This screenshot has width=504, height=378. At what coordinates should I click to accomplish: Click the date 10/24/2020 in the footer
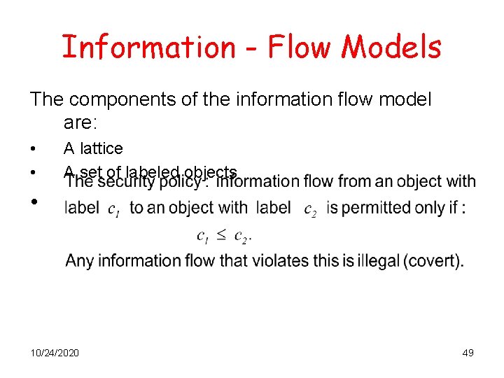[x=55, y=352]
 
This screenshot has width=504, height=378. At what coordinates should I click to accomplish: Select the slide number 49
[x=468, y=352]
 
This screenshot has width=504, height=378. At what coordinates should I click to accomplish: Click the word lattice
[x=101, y=148]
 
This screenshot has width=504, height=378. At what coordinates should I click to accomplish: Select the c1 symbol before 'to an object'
[x=113, y=209]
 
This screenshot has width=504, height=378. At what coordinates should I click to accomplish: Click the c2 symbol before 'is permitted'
[x=310, y=209]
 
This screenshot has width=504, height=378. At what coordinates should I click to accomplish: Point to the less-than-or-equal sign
[x=220, y=235]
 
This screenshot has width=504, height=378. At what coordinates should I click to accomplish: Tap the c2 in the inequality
[x=242, y=236]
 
